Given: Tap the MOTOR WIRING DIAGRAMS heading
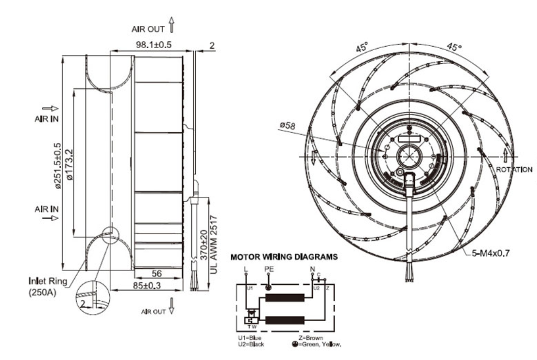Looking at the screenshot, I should (x=284, y=256).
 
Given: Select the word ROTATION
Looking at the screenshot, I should (x=514, y=169).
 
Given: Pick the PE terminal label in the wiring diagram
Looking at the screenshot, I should (x=268, y=269).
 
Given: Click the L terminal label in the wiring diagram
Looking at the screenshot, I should (x=245, y=269).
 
